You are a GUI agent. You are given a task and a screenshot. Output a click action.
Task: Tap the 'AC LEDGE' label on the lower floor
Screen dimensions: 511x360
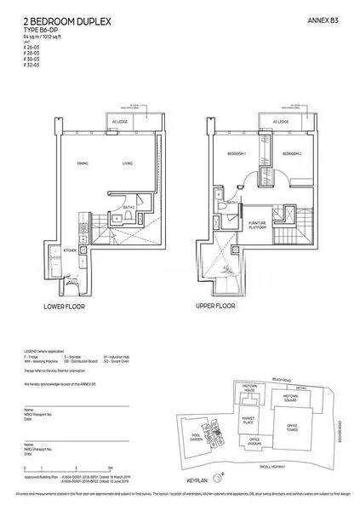[129, 122]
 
